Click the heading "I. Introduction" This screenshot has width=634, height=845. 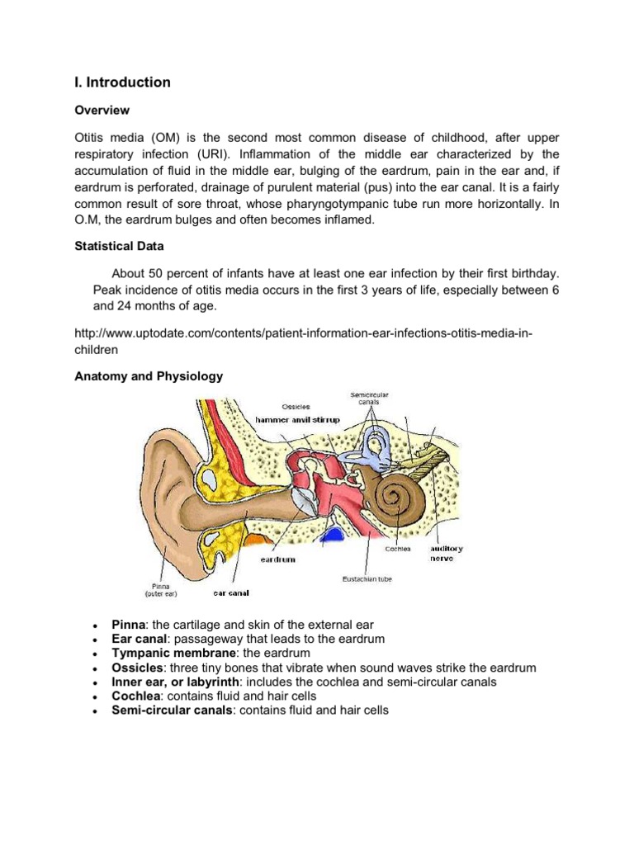pyautogui.click(x=123, y=83)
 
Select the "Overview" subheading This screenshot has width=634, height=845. pyautogui.click(x=102, y=110)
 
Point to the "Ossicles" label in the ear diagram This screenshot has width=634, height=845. pyautogui.click(x=296, y=406)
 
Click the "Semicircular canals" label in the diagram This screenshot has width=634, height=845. pyautogui.click(x=370, y=398)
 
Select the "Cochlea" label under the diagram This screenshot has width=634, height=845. pyautogui.click(x=398, y=547)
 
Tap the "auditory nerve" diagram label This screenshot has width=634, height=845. pyautogui.click(x=447, y=552)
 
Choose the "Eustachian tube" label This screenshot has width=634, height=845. pyautogui.click(x=367, y=579)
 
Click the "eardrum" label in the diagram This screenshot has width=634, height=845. pyautogui.click(x=278, y=559)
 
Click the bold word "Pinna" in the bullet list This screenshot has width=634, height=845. pyautogui.click(x=128, y=625)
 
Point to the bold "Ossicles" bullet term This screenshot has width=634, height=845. pyautogui.click(x=136, y=668)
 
